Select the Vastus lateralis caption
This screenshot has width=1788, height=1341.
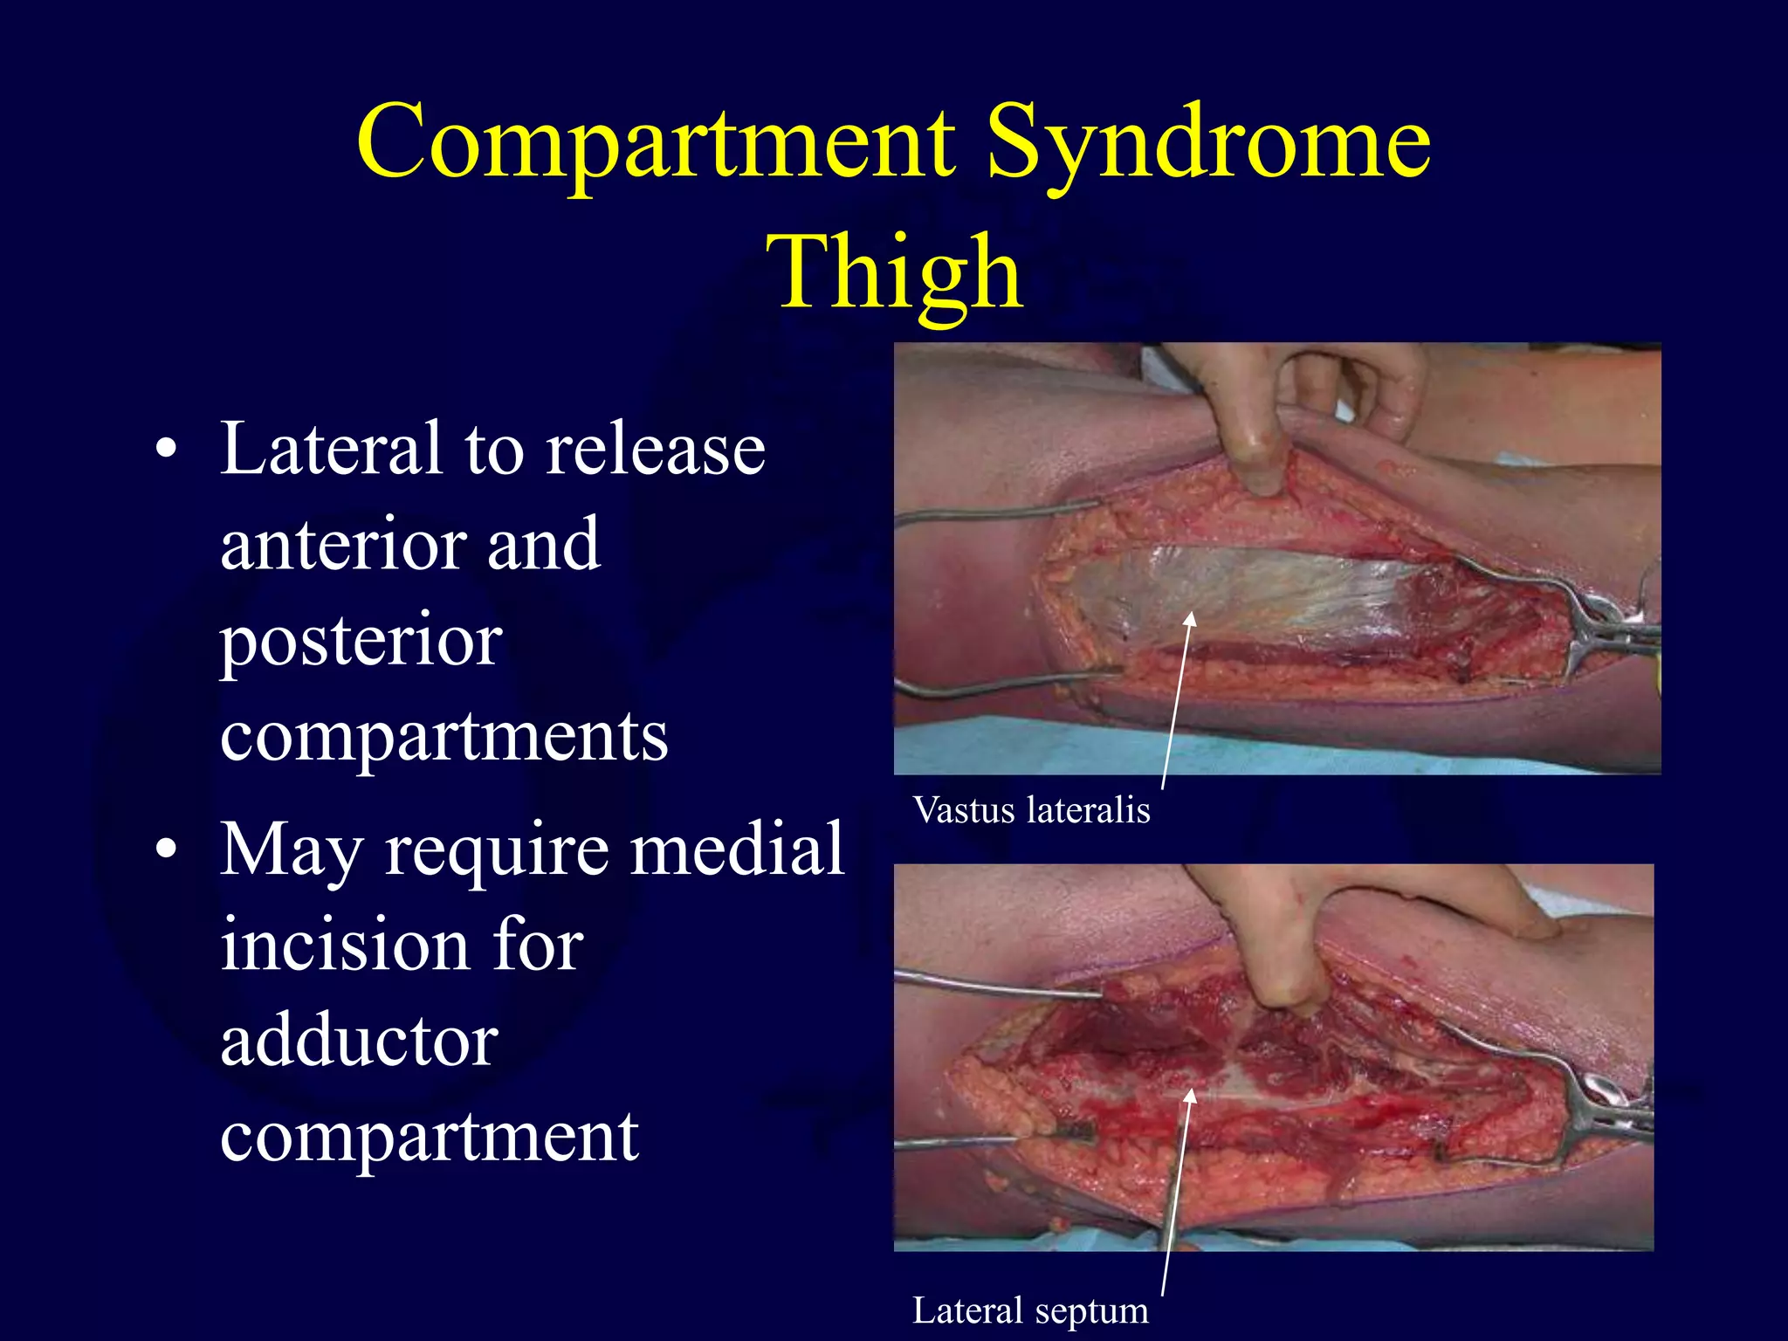coord(1031,810)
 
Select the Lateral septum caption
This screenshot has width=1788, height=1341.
coord(1030,1310)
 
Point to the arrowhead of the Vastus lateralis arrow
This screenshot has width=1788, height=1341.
coord(1189,620)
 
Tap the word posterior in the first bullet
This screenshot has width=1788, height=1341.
coord(361,642)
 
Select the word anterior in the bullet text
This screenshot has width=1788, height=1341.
coord(341,545)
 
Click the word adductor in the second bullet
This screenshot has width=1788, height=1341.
coord(359,1041)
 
